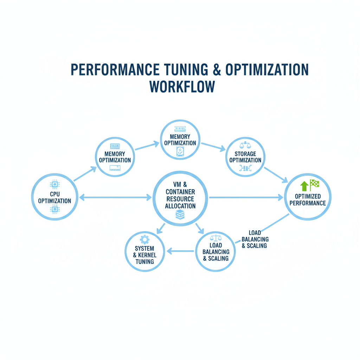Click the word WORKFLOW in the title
click(x=182, y=87)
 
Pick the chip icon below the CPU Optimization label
click(x=54, y=210)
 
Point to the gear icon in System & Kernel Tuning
click(x=144, y=240)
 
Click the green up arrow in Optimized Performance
click(x=304, y=186)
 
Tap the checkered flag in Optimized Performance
click(x=314, y=184)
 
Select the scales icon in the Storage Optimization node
click(x=245, y=145)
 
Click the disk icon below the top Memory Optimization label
click(x=180, y=152)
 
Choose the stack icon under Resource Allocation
click(x=180, y=214)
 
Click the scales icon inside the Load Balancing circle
click(x=216, y=238)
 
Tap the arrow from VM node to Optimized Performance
click(x=246, y=198)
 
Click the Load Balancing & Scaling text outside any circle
click(x=255, y=239)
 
